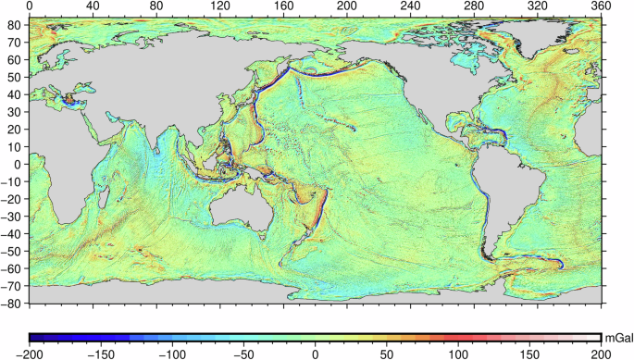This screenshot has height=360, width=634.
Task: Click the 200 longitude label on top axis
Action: pyautogui.click(x=347, y=6)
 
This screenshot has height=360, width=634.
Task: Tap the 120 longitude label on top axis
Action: pyautogui.click(x=220, y=6)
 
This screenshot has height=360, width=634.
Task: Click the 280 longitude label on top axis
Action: pyautogui.click(x=474, y=6)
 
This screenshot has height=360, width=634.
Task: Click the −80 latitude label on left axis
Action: pyautogui.click(x=14, y=303)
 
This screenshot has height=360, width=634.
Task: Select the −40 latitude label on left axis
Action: pyautogui.click(x=14, y=233)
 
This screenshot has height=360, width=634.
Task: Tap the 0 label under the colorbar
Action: pyautogui.click(x=316, y=354)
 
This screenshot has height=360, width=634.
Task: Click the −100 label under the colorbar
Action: pyautogui.click(x=172, y=354)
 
